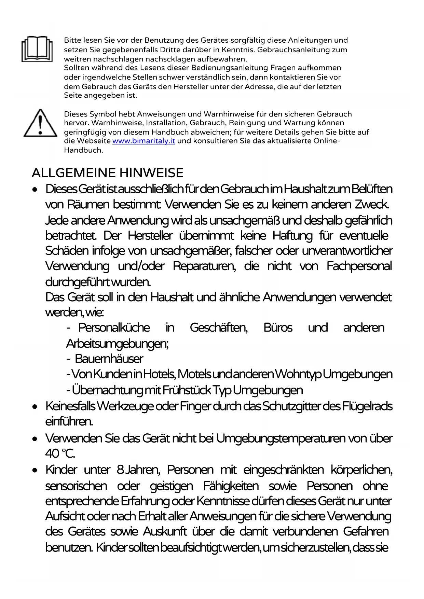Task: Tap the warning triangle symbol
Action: click(40, 123)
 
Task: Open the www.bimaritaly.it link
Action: click(143, 141)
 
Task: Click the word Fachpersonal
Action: click(359, 266)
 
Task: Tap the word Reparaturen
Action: click(204, 266)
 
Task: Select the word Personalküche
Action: click(114, 327)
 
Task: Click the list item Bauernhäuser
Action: click(109, 359)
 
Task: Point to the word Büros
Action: click(278, 327)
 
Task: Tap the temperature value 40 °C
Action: click(60, 453)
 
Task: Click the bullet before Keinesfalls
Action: click(35, 407)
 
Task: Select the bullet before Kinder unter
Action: click(35, 471)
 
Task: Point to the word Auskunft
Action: click(165, 531)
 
